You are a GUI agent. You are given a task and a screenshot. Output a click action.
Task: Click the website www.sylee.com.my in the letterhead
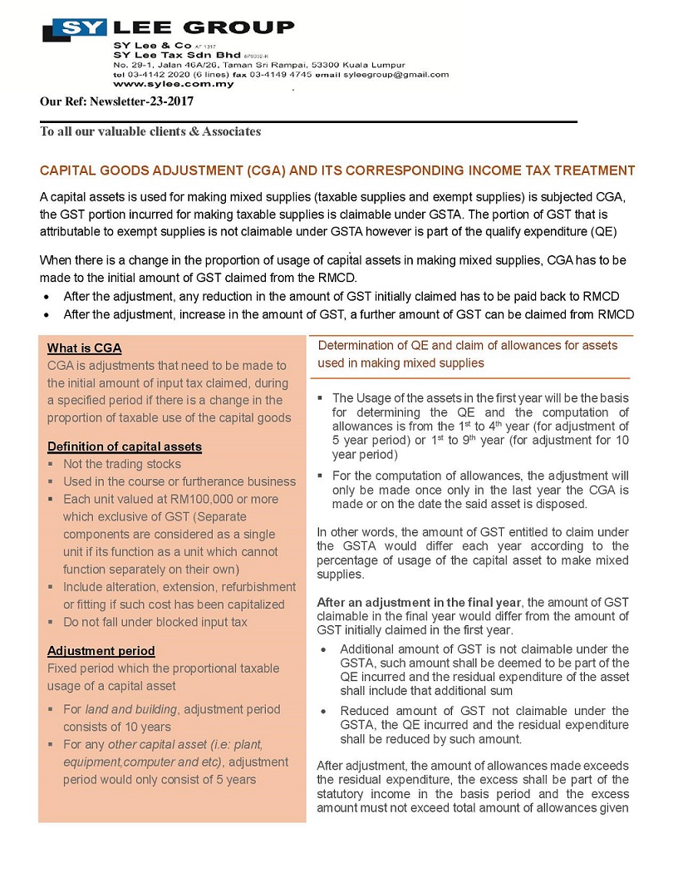click(174, 84)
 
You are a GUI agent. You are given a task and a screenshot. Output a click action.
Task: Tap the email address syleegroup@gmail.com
click(396, 74)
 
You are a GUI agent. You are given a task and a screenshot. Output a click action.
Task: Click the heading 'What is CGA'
click(84, 348)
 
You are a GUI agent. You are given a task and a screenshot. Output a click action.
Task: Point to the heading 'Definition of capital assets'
click(124, 446)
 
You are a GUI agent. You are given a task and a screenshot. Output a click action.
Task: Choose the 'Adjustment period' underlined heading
click(101, 650)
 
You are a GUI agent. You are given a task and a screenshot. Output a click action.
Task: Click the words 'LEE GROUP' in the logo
click(204, 27)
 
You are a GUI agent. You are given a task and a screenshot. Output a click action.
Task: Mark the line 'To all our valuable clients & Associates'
click(150, 131)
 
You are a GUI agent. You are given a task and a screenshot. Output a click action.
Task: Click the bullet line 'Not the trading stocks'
click(121, 464)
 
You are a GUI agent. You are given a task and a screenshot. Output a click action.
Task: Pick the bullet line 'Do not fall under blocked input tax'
click(155, 622)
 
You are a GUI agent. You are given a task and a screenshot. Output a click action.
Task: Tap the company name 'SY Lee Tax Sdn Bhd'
click(165, 54)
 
